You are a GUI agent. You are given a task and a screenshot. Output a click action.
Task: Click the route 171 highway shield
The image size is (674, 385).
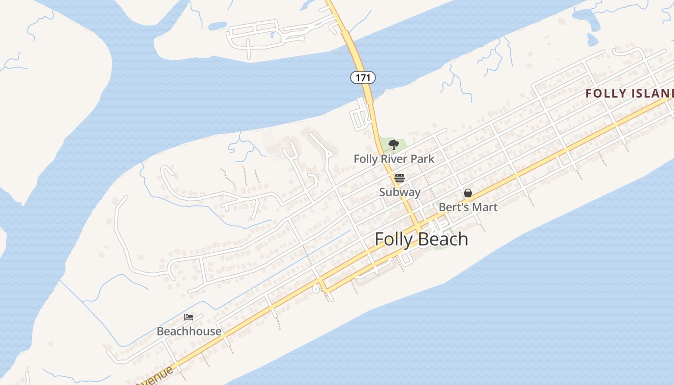pos(363,77)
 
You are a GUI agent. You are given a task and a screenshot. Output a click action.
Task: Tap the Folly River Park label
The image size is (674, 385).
pos(394,159)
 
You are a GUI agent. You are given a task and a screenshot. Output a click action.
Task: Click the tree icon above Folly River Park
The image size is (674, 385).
pos(393,144)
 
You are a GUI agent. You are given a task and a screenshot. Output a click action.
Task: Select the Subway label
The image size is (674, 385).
pos(400,192)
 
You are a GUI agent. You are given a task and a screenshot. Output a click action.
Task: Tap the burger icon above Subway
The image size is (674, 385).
pos(399,178)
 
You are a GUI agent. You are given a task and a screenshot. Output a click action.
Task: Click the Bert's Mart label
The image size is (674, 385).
pos(468,207)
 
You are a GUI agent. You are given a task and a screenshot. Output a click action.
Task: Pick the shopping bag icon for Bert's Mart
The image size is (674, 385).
pos(467,193)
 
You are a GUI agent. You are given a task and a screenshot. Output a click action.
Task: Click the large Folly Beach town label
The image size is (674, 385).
pos(421,239)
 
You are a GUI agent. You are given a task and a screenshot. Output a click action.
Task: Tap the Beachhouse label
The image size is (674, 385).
pos(189,331)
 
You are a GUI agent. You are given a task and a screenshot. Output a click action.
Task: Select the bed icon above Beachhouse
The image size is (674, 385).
pos(189,317)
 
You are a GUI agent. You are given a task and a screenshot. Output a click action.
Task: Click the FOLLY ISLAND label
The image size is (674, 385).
pos(628,93)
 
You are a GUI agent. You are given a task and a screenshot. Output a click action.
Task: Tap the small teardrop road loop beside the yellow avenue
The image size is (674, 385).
pos(316,289)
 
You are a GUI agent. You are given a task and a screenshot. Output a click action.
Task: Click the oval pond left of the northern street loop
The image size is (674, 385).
pos(218,25)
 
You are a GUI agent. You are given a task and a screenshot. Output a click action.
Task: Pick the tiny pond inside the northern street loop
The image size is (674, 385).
pos(272,35)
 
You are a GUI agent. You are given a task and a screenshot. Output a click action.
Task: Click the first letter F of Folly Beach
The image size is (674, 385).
pos(379,239)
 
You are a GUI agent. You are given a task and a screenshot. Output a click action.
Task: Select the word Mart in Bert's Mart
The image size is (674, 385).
pos(485,207)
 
